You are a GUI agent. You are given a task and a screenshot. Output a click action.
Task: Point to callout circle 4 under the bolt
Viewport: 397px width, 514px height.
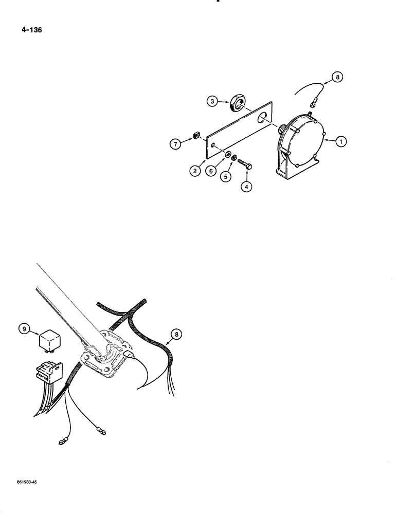click(247, 187)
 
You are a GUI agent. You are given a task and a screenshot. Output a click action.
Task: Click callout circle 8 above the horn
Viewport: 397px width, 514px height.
click(337, 77)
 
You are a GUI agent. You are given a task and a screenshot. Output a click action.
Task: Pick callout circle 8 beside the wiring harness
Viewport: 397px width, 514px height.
click(176, 335)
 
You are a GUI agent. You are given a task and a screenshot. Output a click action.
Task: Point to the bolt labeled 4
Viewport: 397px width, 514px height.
click(246, 167)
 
